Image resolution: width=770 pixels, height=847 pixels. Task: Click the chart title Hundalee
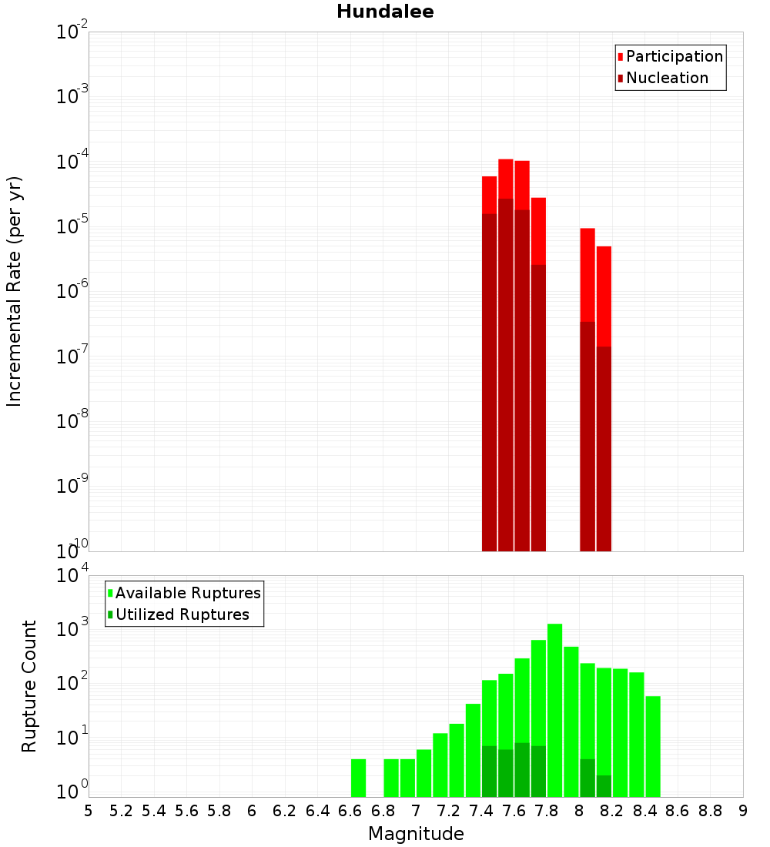pyautogui.click(x=385, y=12)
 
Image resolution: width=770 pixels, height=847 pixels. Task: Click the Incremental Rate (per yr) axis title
pyautogui.click(x=15, y=291)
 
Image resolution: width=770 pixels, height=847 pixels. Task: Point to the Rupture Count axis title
pyautogui.click(x=29, y=685)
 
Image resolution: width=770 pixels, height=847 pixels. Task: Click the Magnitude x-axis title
pyautogui.click(x=416, y=834)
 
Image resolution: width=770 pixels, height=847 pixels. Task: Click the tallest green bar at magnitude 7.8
pyautogui.click(x=554, y=708)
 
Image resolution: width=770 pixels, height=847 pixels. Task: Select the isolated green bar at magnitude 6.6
pyautogui.click(x=358, y=778)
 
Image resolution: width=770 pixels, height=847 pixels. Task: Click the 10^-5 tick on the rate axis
pyautogui.click(x=72, y=226)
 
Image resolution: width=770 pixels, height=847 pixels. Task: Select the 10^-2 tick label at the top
pyautogui.click(x=72, y=32)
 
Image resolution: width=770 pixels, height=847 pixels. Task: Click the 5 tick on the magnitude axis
pyautogui.click(x=89, y=811)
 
